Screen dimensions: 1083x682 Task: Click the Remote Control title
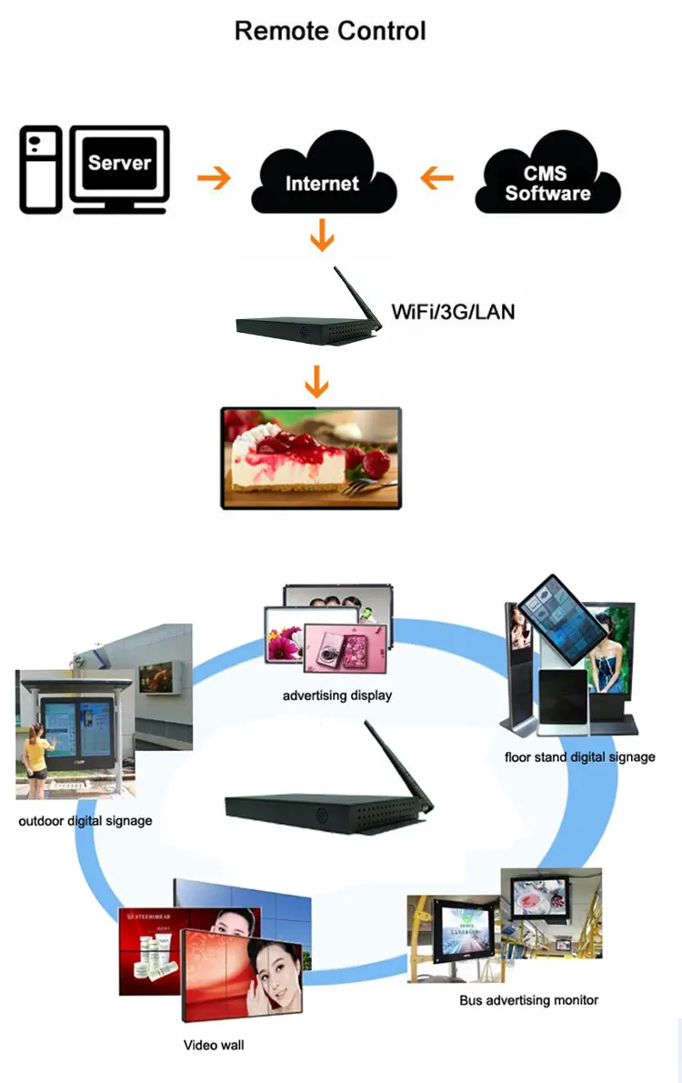tap(330, 31)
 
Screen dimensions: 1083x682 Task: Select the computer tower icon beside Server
tap(41, 169)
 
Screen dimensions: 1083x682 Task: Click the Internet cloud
tap(323, 180)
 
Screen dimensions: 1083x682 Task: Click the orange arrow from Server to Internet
tap(215, 177)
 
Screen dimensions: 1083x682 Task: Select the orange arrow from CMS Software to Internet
tap(436, 177)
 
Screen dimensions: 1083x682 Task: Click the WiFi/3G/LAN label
tap(453, 312)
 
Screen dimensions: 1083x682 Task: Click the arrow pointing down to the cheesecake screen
tap(316, 382)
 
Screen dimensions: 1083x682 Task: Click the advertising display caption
tap(337, 696)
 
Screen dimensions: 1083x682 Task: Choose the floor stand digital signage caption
tap(579, 757)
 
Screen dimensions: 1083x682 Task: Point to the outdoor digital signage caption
tap(85, 821)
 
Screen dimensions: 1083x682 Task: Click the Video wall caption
tap(214, 1045)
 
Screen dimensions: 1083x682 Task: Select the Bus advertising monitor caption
tap(528, 1000)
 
